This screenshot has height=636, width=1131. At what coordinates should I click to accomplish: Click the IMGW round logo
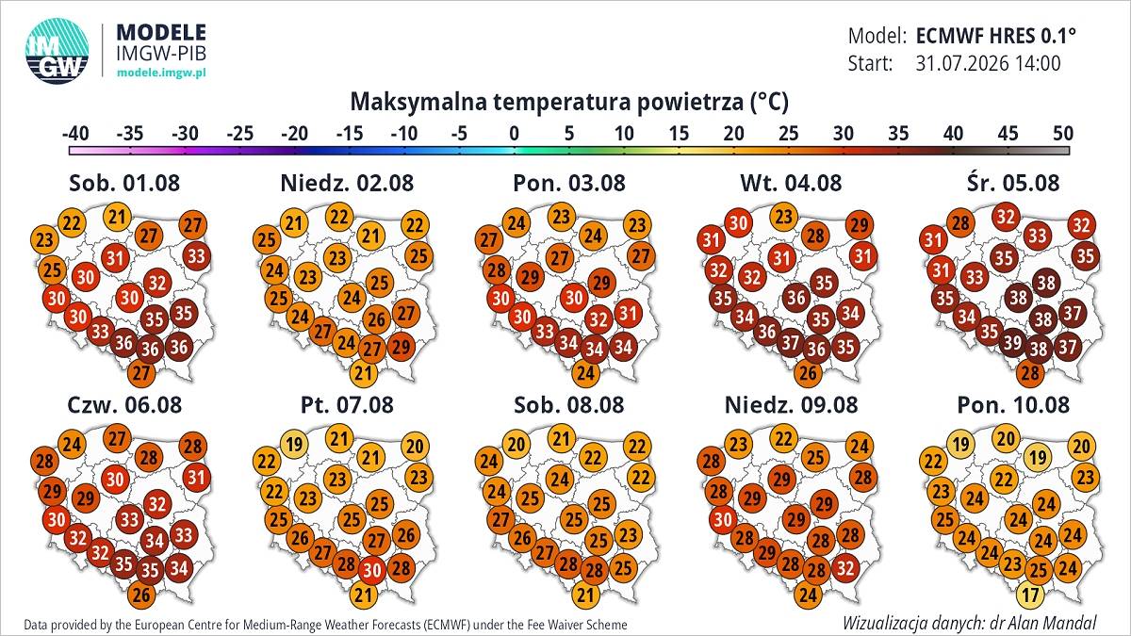pos(57,51)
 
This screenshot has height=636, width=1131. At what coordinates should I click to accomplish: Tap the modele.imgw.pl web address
pos(161,73)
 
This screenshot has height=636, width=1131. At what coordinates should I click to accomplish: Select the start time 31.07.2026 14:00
pos(988,64)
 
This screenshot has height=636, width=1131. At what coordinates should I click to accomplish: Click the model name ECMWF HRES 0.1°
pos(995,36)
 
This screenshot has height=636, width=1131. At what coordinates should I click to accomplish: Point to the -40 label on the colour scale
pos(75,134)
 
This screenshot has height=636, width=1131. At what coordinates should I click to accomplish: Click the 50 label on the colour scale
pos(1063,134)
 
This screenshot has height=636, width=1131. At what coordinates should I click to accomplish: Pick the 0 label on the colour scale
pos(514,134)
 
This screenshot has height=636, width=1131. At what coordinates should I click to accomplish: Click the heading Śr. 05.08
pos(1013,183)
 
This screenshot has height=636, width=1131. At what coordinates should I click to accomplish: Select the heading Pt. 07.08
pos(347,405)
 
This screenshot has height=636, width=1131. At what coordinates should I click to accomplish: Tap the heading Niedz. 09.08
pos(791,405)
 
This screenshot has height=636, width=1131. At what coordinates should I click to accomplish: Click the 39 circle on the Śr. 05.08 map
pos(1013,343)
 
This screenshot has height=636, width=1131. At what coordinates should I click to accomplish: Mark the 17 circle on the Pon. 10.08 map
pos(1030,595)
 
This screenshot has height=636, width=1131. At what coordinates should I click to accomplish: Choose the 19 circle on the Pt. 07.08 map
pos(294,444)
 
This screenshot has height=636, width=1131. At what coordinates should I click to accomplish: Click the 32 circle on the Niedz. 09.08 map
pos(845,568)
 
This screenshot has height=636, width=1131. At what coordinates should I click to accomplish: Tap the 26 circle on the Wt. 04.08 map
pos(808,373)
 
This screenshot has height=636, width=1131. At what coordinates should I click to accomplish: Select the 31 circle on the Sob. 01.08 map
pos(115,258)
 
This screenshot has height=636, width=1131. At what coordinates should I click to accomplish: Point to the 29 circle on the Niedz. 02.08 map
pos(401,347)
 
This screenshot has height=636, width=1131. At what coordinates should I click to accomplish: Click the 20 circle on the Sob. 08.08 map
pos(516,444)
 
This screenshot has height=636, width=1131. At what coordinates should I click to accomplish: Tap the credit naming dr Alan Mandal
pos(970,623)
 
